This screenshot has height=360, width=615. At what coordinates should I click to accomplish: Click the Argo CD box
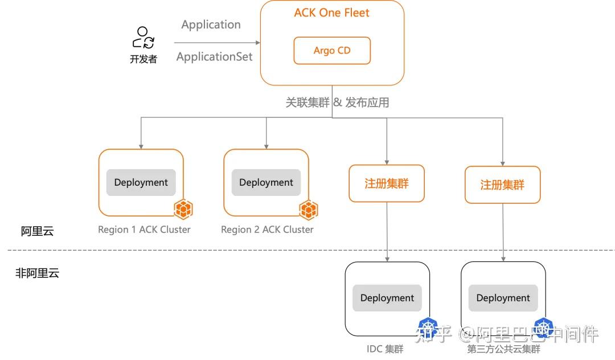pyautogui.click(x=332, y=51)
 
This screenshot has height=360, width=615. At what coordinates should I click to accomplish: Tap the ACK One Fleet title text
pyautogui.click(x=331, y=13)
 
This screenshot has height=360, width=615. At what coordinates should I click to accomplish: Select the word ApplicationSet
pyautogui.click(x=214, y=57)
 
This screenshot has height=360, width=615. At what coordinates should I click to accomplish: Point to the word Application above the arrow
pyautogui.click(x=211, y=24)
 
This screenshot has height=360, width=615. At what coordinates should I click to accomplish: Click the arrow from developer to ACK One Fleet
pyautogui.click(x=216, y=43)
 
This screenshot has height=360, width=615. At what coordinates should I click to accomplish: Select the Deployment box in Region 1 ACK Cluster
pyautogui.click(x=141, y=182)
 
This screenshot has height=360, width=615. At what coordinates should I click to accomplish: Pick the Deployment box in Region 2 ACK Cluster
pyautogui.click(x=266, y=182)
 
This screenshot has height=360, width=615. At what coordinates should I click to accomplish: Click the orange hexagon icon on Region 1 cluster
pyautogui.click(x=183, y=210)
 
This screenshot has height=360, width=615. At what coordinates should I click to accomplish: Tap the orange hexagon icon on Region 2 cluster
pyautogui.click(x=308, y=210)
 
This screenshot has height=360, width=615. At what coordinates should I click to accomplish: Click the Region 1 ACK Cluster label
pyautogui.click(x=144, y=230)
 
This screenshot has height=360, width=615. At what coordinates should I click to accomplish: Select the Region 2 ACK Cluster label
pyautogui.click(x=267, y=230)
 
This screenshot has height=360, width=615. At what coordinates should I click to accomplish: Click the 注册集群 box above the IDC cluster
pyautogui.click(x=387, y=183)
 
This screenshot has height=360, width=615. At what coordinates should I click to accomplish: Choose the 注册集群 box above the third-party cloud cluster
pyautogui.click(x=502, y=185)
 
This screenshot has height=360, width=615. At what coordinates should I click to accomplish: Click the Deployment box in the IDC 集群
pyautogui.click(x=387, y=298)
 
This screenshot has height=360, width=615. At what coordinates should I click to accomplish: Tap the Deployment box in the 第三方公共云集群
pyautogui.click(x=503, y=298)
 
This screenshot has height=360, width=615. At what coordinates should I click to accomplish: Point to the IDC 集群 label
pyautogui.click(x=385, y=349)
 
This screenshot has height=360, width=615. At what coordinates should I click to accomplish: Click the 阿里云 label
pyautogui.click(x=37, y=231)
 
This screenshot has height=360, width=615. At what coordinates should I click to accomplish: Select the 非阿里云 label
pyautogui.click(x=37, y=273)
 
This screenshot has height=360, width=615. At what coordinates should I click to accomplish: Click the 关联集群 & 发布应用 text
pyautogui.click(x=337, y=103)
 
